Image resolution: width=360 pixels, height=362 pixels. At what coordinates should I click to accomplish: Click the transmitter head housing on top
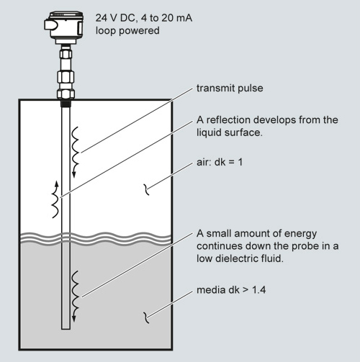(x=65, y=27)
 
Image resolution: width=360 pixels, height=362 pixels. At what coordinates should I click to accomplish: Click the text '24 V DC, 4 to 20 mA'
(x=144, y=18)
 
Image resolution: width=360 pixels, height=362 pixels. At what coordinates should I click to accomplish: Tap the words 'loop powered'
(x=127, y=31)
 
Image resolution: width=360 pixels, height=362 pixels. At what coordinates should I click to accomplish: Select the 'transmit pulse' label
(x=230, y=89)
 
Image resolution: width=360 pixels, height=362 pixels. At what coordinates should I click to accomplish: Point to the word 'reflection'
(x=228, y=120)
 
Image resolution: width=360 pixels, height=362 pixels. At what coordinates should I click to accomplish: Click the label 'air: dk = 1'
(x=220, y=163)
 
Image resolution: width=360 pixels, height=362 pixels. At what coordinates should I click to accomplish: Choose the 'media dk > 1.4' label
(x=231, y=290)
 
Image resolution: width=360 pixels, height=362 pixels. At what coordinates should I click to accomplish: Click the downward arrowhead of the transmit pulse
(x=74, y=174)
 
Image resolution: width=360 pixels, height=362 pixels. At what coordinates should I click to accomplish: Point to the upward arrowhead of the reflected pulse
(x=57, y=184)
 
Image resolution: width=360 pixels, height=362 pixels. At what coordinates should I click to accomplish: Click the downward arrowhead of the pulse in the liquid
(x=74, y=318)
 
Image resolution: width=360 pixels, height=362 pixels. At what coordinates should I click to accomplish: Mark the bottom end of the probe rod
(x=66, y=329)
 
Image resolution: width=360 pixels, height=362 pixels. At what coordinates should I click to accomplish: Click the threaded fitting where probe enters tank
(x=66, y=104)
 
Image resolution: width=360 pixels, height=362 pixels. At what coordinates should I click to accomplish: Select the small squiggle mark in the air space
(x=146, y=189)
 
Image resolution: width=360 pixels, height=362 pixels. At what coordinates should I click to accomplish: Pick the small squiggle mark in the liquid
(x=146, y=317)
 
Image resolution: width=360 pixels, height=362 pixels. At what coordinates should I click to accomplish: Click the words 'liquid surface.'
(x=230, y=132)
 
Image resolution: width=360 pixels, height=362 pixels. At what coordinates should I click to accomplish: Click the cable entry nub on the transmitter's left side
(x=51, y=25)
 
